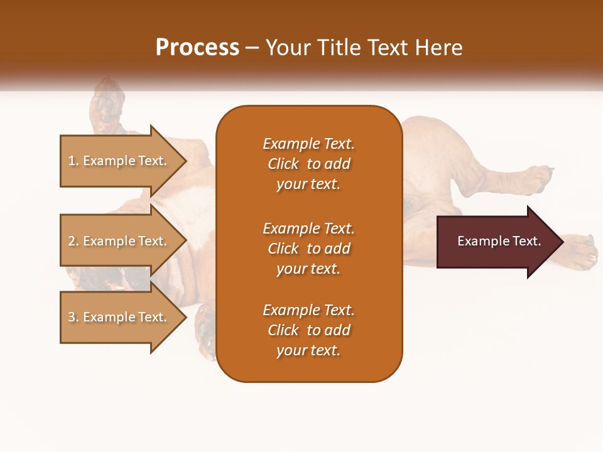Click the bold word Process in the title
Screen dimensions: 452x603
click(197, 48)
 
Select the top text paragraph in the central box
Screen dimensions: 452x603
click(308, 164)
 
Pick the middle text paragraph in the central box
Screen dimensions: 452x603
click(308, 249)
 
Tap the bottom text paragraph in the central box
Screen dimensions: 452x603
click(308, 330)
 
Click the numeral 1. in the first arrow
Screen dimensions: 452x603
click(73, 161)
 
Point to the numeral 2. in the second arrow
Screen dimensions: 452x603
click(73, 241)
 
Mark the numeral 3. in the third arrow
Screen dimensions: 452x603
click(73, 317)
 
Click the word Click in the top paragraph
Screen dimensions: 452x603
click(283, 164)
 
